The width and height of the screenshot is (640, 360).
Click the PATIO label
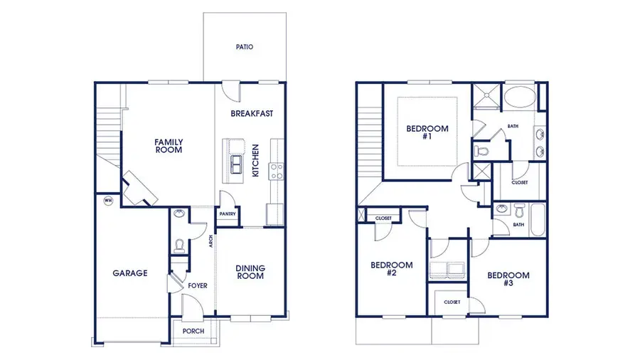pos(244,48)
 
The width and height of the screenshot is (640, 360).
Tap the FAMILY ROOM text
pos(169,147)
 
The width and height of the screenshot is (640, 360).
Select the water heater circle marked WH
pos(109,201)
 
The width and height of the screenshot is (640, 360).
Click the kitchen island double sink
pos(236,166)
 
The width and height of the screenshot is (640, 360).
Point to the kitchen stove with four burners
pos(276,171)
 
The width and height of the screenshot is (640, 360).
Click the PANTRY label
pos(227,213)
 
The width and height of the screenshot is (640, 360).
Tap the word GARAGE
pos(129,272)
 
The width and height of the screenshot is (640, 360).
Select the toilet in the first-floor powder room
pos(179,245)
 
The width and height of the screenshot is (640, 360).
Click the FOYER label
pos(197,286)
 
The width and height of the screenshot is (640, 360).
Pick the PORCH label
pos(193,332)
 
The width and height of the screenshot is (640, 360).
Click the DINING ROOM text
pos(250,272)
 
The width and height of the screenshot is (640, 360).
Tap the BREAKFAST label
pos(252,113)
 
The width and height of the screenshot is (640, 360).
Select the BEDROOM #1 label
pos(427,132)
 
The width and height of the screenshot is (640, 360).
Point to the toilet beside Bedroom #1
pos(484,151)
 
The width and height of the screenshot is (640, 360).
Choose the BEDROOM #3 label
pos(508,280)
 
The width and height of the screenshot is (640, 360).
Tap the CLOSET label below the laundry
pos(452,302)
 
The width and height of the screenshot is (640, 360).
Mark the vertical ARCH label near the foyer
pos(210,242)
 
